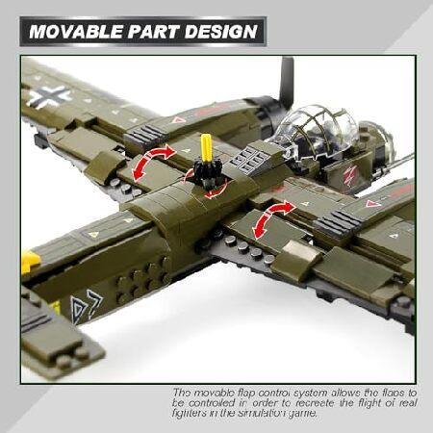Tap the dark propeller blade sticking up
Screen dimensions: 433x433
[x=286, y=81]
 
